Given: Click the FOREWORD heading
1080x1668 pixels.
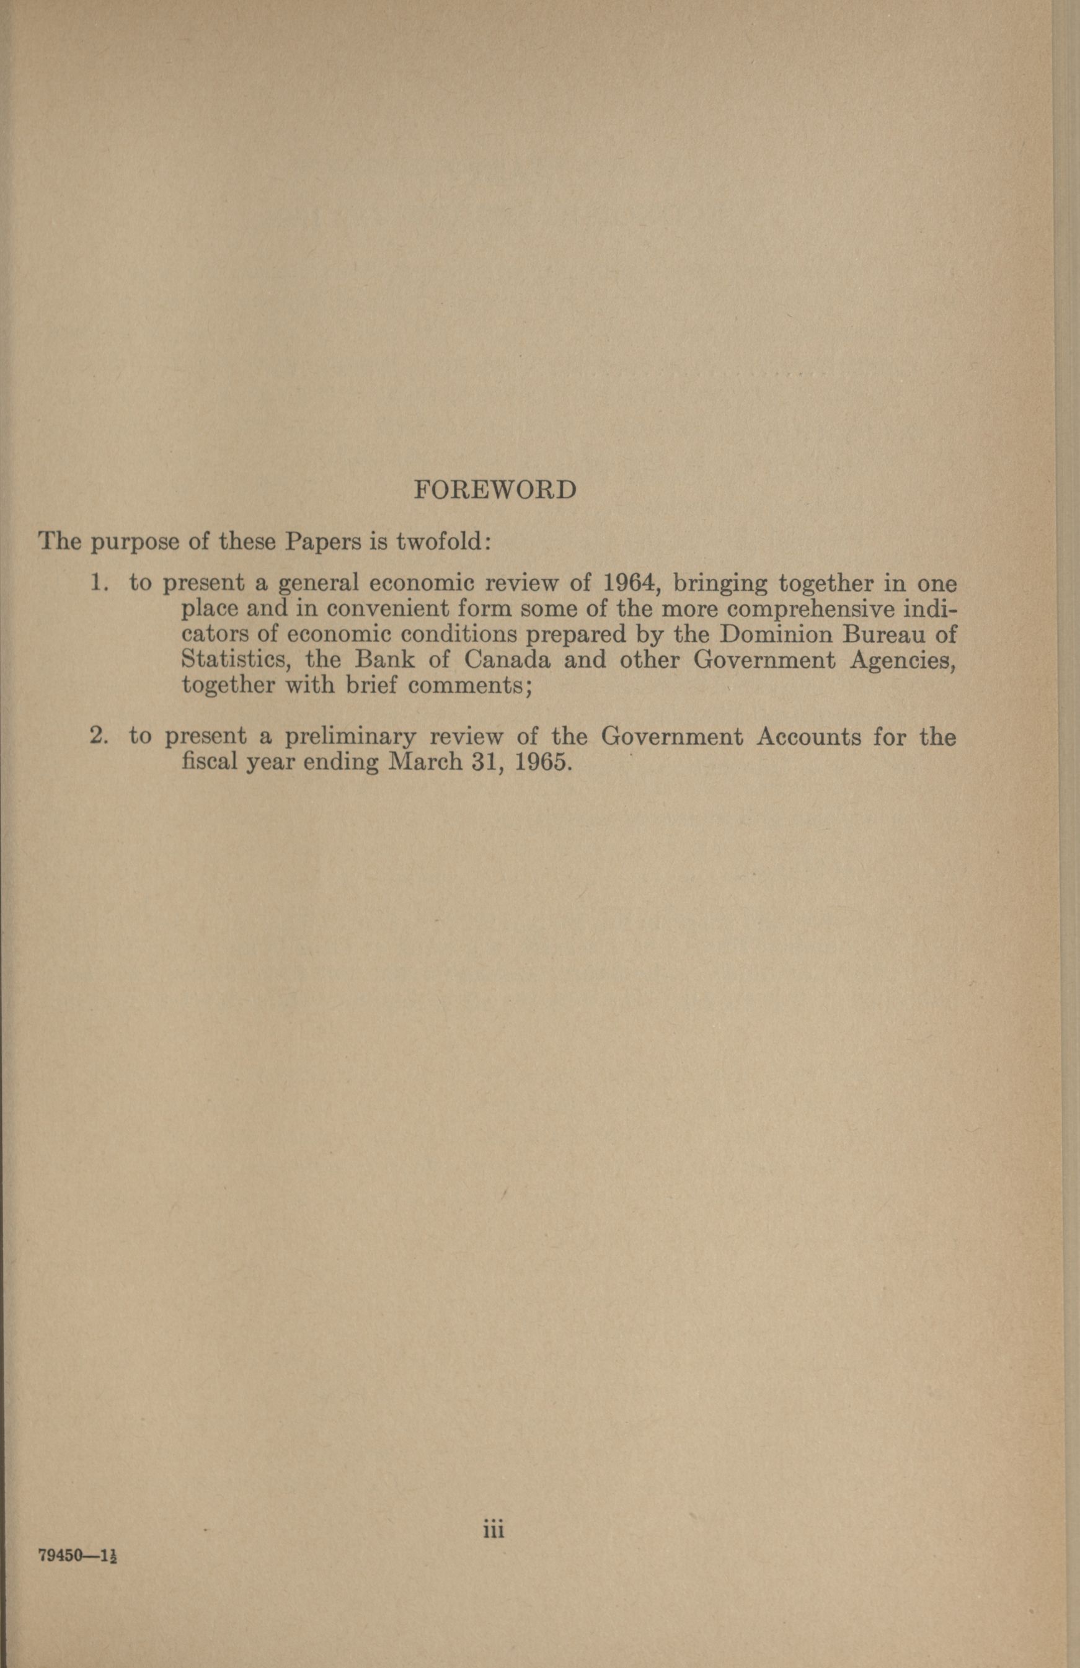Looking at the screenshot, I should tap(495, 489).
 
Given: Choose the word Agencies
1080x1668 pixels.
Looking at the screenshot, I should tap(902, 660).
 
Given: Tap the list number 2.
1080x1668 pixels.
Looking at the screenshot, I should tap(100, 737).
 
